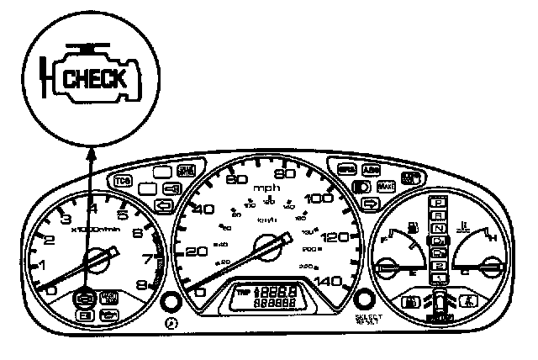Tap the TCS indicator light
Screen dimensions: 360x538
[x=119, y=180]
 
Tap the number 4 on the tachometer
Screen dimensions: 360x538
[x=92, y=208]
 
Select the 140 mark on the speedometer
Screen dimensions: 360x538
[x=335, y=282]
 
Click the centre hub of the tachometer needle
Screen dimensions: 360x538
[x=97, y=260]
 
